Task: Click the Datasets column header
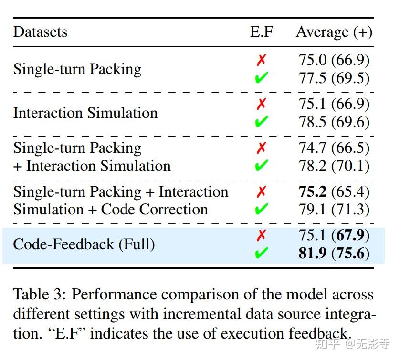click(40, 32)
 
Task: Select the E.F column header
click(262, 32)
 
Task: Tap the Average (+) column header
click(334, 32)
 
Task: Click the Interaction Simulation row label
click(85, 113)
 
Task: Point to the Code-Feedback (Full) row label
click(84, 244)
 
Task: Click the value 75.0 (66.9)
click(334, 60)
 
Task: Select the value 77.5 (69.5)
click(334, 78)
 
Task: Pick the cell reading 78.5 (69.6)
click(334, 122)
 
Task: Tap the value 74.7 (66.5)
click(334, 148)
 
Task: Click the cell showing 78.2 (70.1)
click(334, 166)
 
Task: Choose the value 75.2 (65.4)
click(334, 191)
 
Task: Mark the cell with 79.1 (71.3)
click(334, 209)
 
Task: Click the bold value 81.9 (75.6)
click(334, 253)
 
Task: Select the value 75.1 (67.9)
click(334, 235)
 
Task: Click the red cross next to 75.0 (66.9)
click(261, 60)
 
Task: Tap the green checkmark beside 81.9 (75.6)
click(261, 253)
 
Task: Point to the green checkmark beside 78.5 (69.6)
click(261, 122)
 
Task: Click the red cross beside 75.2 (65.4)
click(261, 191)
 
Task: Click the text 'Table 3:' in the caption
click(40, 295)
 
